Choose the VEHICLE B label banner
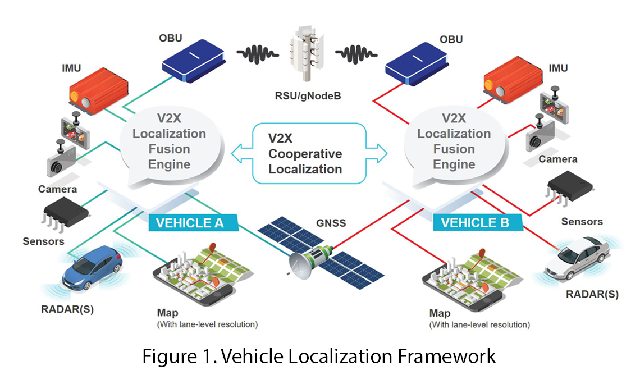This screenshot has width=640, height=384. coord(475,223)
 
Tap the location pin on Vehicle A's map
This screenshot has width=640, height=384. coord(212,248)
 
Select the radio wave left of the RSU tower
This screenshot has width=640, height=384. coord(260,55)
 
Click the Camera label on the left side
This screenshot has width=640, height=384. coord(58,189)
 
